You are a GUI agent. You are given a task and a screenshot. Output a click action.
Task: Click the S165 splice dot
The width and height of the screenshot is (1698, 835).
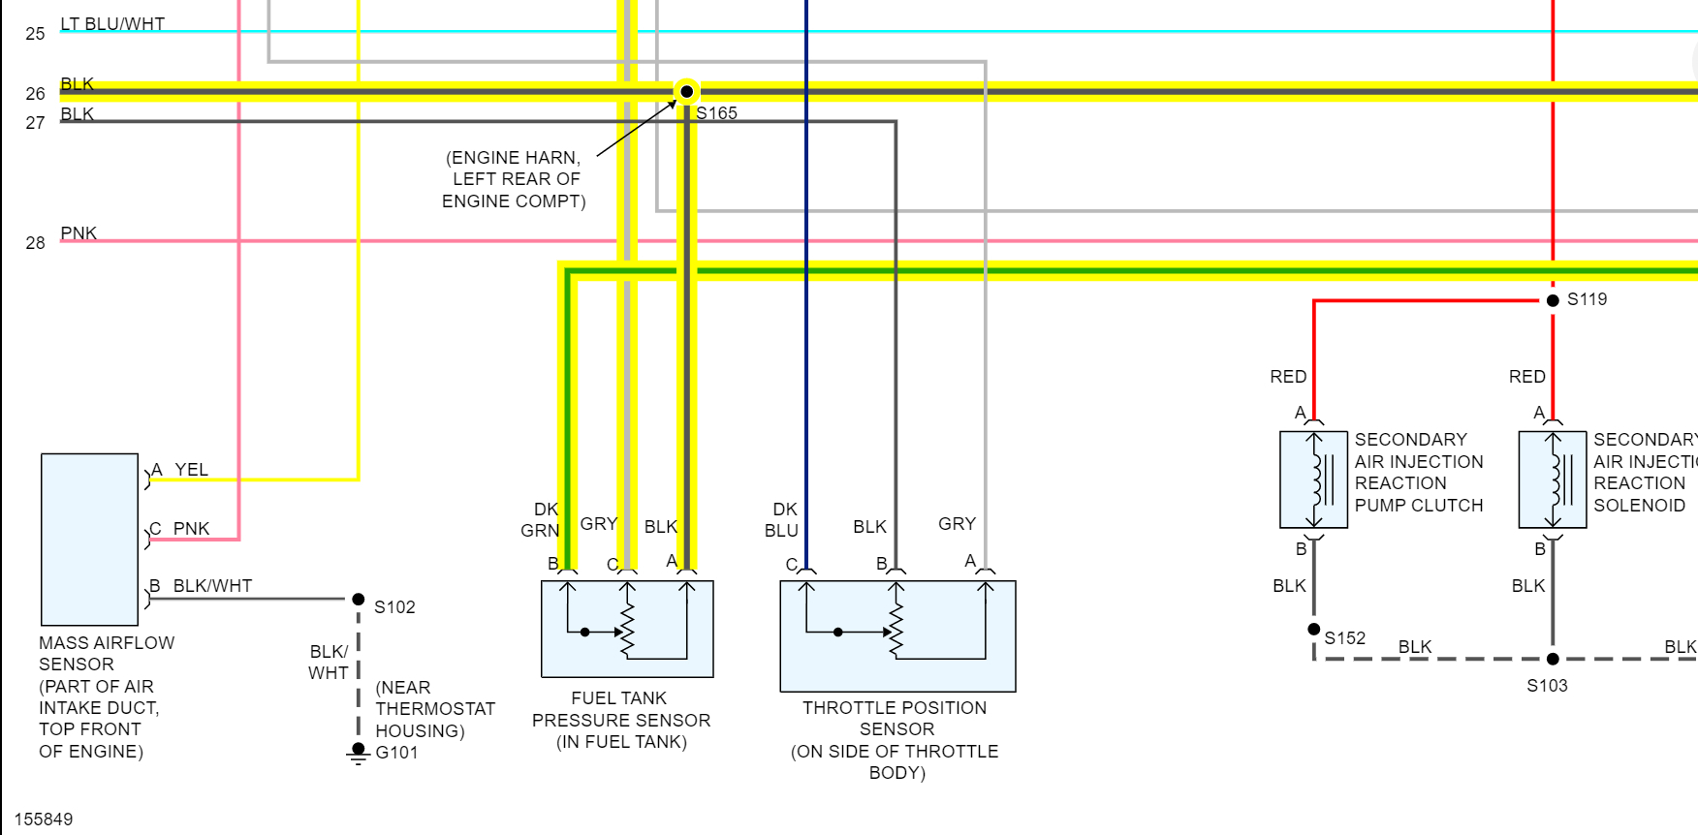click(x=686, y=92)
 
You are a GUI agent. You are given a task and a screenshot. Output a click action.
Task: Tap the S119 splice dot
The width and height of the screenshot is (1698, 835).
click(x=1553, y=300)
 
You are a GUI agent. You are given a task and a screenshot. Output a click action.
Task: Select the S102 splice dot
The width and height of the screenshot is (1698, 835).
click(x=359, y=600)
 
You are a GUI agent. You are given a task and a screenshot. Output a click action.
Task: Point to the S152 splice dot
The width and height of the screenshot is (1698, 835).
click(x=1314, y=630)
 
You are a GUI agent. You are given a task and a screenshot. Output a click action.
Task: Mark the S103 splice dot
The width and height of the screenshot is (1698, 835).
click(x=1553, y=659)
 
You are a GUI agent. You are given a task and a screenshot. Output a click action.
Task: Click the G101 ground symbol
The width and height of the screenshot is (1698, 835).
click(x=359, y=753)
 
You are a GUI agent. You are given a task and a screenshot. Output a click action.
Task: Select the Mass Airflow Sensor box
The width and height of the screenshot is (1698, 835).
click(x=89, y=539)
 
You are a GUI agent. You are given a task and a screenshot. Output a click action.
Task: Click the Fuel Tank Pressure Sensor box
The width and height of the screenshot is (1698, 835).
click(x=627, y=629)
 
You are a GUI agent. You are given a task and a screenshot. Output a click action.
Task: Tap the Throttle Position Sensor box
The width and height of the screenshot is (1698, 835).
click(x=897, y=635)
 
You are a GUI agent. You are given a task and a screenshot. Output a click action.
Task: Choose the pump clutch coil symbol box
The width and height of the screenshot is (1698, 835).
click(x=1313, y=479)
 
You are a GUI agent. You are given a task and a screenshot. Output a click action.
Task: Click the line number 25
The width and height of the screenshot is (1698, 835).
click(x=35, y=34)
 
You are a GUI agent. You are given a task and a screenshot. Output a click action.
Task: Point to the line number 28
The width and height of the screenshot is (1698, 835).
click(x=35, y=243)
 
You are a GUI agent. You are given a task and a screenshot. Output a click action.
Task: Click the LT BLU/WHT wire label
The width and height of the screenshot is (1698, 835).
click(x=112, y=24)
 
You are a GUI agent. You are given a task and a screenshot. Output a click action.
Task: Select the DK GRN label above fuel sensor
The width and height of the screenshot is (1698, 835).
click(x=541, y=520)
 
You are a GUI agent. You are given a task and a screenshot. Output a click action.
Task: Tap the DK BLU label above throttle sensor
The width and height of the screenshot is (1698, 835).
click(x=781, y=520)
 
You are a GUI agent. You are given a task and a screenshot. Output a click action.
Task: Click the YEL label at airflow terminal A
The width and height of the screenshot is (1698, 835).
click(x=191, y=470)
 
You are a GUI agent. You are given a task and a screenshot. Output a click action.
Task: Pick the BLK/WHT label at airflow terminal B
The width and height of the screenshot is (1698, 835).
click(x=212, y=586)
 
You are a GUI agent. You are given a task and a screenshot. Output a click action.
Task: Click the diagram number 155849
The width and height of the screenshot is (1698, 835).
click(x=44, y=820)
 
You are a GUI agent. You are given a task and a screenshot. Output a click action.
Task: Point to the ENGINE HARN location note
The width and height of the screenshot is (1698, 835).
click(x=514, y=179)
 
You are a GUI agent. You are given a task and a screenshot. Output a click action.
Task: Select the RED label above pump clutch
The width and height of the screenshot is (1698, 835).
click(x=1288, y=377)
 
